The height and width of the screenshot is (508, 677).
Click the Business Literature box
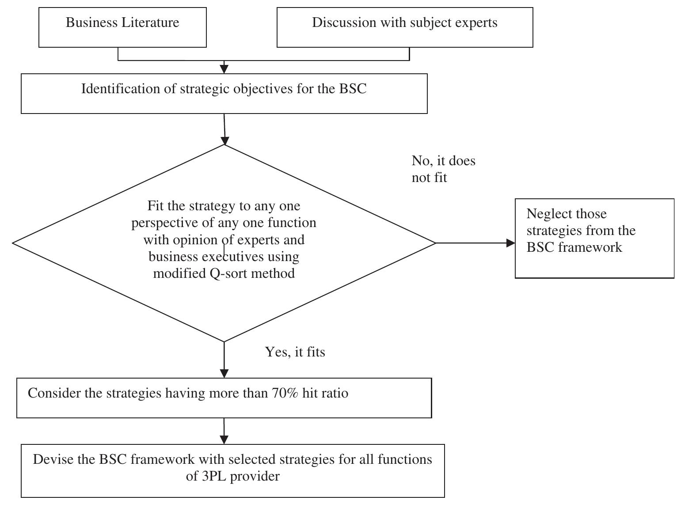point(122,27)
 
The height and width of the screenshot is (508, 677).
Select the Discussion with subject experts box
point(404,27)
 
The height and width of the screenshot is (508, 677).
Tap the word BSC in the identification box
point(353,89)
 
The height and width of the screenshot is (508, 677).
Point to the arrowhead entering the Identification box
point(224,68)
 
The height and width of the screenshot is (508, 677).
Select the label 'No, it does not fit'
point(443,169)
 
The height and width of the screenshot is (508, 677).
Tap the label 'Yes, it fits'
point(295,352)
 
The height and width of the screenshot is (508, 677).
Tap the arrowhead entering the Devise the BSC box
point(224,439)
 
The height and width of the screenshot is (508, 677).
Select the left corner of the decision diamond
point(14,243)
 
